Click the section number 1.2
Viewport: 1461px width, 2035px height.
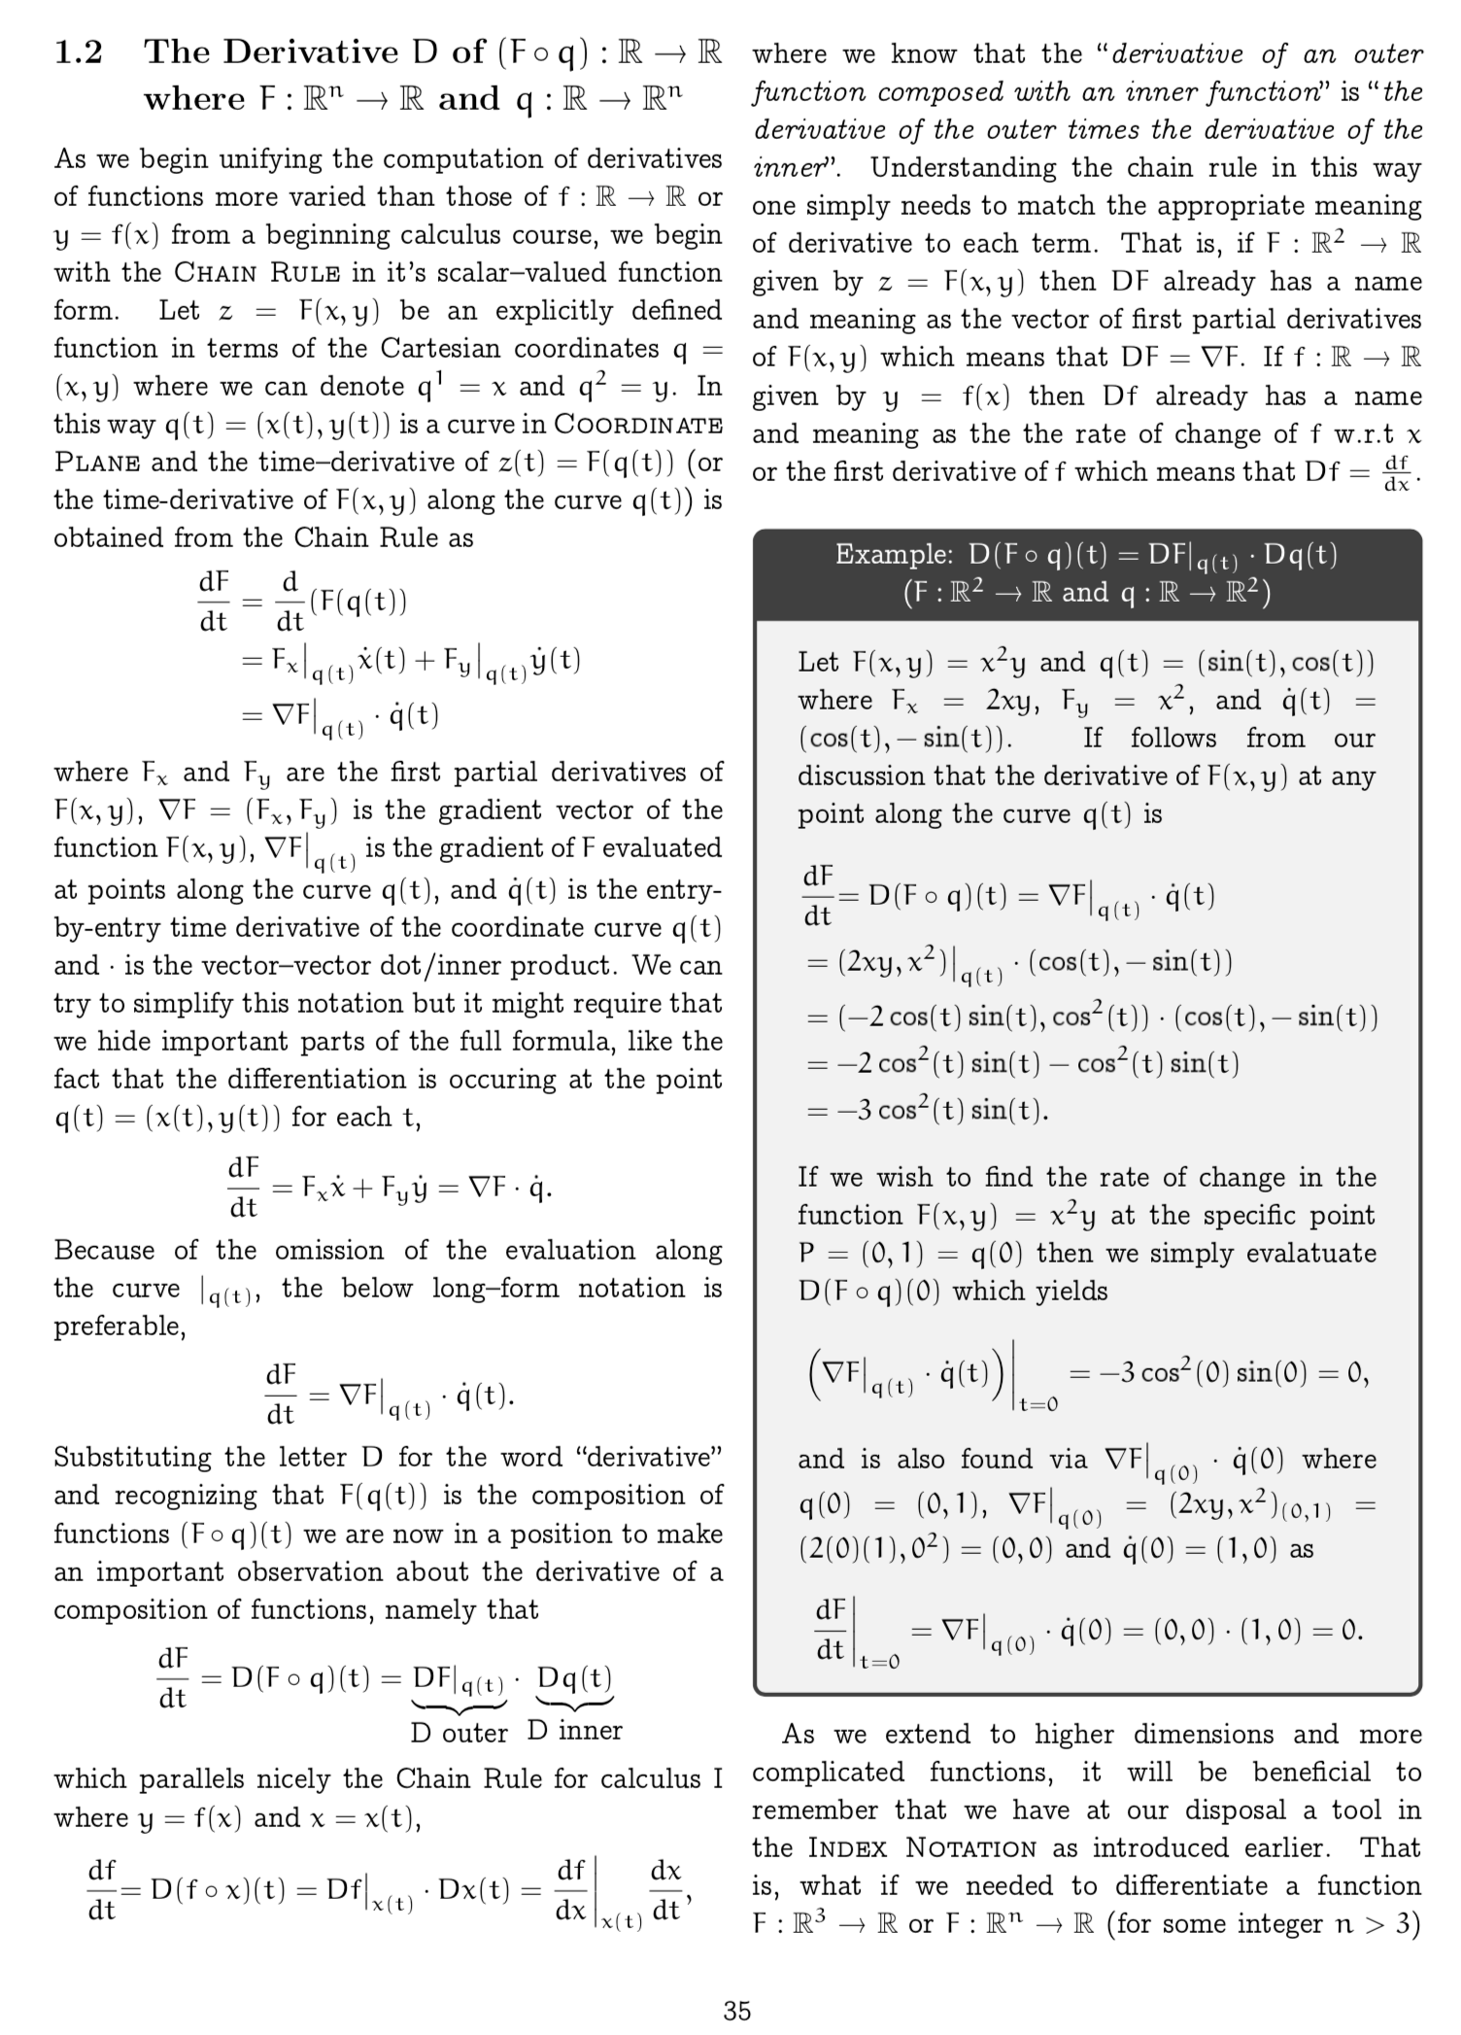[79, 52]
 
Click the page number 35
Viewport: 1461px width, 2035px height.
[737, 2011]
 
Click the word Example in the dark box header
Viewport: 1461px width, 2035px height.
[894, 555]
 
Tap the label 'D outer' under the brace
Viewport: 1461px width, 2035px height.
[459, 1733]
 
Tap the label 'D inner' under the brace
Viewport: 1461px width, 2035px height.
[574, 1731]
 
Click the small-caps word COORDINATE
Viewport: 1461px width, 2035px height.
[638, 425]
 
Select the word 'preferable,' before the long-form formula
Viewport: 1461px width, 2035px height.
[119, 1327]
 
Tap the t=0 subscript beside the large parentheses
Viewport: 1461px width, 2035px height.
[1037, 1404]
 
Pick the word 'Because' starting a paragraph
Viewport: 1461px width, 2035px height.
[105, 1250]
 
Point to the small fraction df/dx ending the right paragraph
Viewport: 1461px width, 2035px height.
[1397, 473]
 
